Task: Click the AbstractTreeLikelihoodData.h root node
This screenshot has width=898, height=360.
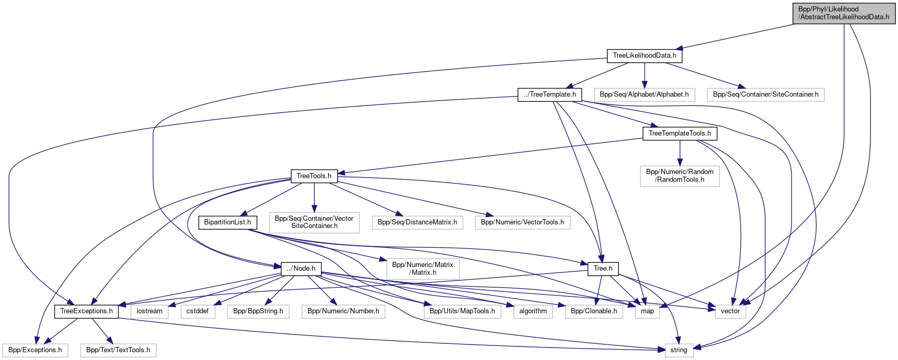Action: coord(844,13)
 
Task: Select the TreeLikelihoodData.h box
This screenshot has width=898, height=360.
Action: coord(644,56)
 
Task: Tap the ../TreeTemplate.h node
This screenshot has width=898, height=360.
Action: coord(549,95)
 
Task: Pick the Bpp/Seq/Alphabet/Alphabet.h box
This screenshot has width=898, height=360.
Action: coord(644,95)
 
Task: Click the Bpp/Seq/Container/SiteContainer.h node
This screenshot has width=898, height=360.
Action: coord(766,95)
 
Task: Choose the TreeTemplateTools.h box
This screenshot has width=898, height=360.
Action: coord(679,134)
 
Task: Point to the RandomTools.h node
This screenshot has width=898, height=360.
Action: coord(679,176)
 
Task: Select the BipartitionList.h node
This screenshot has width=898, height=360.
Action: coord(227,222)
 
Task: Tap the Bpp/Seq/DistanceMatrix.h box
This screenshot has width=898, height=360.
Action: coord(417,222)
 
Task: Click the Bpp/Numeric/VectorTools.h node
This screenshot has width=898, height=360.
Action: coord(522,222)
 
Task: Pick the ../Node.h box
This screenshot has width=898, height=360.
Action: coord(301,269)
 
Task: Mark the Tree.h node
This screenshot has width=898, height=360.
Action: coord(603,269)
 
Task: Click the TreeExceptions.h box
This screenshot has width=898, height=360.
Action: coord(86,311)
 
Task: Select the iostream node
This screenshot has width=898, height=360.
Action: coord(150,311)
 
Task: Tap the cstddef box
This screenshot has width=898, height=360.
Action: coord(197,311)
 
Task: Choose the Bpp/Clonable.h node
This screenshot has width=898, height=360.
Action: coord(594,311)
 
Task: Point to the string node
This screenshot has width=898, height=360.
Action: coord(678,350)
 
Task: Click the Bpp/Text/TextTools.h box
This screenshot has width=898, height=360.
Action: coord(118,350)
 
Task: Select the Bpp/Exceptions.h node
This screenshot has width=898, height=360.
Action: coord(35,350)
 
